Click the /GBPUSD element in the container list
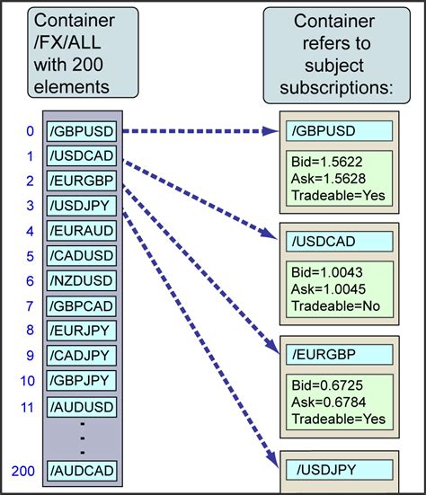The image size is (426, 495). point(83,132)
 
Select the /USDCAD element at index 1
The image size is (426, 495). point(83,156)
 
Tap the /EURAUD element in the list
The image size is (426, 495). point(83,231)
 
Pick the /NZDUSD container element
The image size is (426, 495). point(83,281)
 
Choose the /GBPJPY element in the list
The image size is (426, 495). point(83,381)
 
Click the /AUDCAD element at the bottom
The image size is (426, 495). point(83,469)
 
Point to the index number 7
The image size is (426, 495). point(30,305)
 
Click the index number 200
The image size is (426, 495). point(24,469)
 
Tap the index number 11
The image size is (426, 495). point(27,406)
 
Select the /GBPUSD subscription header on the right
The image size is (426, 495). point(340,131)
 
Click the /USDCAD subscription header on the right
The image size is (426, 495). point(340,242)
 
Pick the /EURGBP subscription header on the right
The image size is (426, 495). point(340,353)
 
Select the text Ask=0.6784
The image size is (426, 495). point(327,402)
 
